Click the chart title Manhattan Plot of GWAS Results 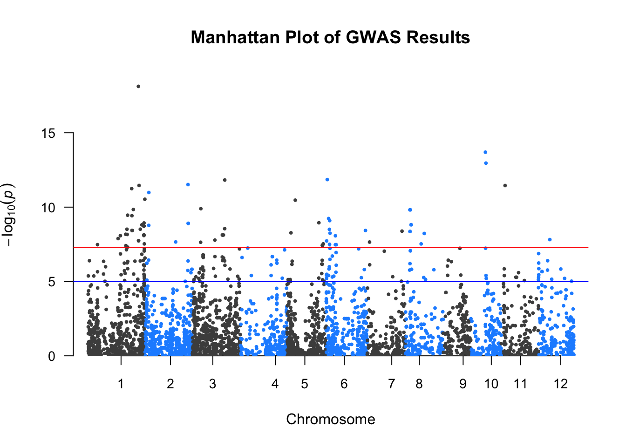(330, 37)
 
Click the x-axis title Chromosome (330, 420)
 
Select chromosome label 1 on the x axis (121, 384)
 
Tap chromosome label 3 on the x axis (213, 384)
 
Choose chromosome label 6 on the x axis (344, 384)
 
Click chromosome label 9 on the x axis (463, 384)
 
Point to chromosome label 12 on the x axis (561, 384)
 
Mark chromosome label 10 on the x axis (491, 384)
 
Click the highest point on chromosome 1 (138, 87)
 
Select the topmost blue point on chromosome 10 (485, 152)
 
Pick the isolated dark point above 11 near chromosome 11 (505, 185)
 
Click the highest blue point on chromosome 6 (327, 179)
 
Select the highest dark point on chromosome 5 (295, 200)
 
